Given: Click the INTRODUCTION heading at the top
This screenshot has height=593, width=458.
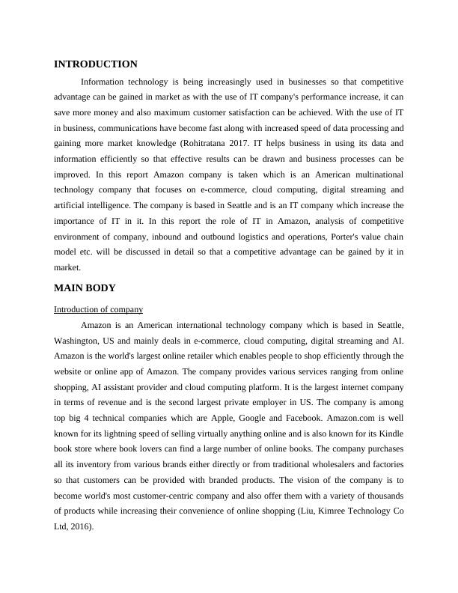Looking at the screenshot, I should (x=96, y=64).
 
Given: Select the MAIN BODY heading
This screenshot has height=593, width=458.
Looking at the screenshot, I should (x=85, y=288).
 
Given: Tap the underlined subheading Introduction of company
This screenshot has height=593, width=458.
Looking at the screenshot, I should (x=98, y=309).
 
